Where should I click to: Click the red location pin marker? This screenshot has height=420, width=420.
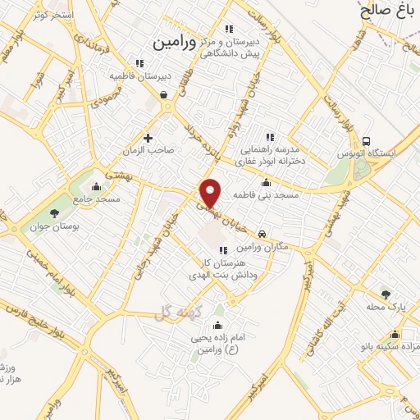pyautogui.click(x=212, y=192)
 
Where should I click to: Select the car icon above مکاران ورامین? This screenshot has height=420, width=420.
pyautogui.click(x=262, y=234)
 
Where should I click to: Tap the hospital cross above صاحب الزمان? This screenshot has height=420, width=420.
pyautogui.click(x=148, y=137)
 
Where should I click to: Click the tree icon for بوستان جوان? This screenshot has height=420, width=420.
pyautogui.click(x=54, y=213)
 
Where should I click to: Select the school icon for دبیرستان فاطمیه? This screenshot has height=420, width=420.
pyautogui.click(x=139, y=62)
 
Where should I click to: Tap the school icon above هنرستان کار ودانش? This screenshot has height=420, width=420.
pyautogui.click(x=220, y=250)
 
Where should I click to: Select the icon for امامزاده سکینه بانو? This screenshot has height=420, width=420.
pyautogui.click(x=395, y=334)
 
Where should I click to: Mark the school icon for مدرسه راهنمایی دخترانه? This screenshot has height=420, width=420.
pyautogui.click(x=268, y=137)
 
